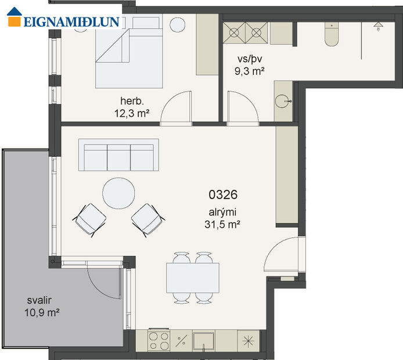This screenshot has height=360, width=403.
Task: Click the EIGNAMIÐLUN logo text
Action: point(71,22)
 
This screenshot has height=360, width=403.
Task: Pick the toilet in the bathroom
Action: point(332,35)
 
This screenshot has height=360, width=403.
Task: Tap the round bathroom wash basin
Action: point(285,101)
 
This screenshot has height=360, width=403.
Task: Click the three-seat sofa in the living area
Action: point(118,155)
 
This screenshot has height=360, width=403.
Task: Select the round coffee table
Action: point(118,193)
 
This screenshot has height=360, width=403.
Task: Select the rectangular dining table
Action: point(193,278)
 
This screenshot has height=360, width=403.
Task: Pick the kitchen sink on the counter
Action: point(204,339)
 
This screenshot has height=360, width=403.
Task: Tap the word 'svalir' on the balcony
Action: point(39,301)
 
